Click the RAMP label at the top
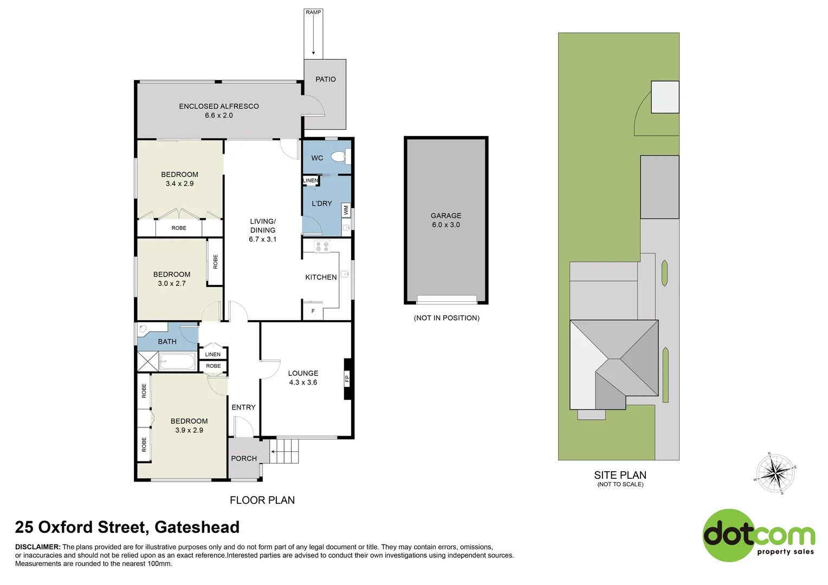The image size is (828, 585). [x=313, y=12]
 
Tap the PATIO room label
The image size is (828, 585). [x=325, y=79]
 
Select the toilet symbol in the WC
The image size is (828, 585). [x=340, y=157]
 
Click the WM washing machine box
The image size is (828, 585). [x=346, y=210]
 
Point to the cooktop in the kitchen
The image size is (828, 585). [x=322, y=246]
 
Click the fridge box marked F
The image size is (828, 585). [x=313, y=311]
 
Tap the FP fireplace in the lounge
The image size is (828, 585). [x=347, y=379]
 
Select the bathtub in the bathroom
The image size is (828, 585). [x=177, y=361]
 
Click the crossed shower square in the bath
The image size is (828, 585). [x=147, y=361]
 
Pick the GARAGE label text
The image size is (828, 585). [x=446, y=216]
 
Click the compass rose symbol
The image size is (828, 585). [x=776, y=473]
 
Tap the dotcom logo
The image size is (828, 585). [x=759, y=535]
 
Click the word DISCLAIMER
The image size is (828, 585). [x=37, y=547]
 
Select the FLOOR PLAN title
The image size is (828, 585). [x=262, y=500]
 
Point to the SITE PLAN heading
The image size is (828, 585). [x=620, y=475]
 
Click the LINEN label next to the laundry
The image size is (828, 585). [x=310, y=180]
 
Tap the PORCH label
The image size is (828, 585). [x=244, y=458]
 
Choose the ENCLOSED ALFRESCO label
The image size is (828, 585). [x=219, y=106]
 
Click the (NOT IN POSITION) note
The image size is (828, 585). [x=447, y=318]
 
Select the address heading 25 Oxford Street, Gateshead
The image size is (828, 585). [x=127, y=527]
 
